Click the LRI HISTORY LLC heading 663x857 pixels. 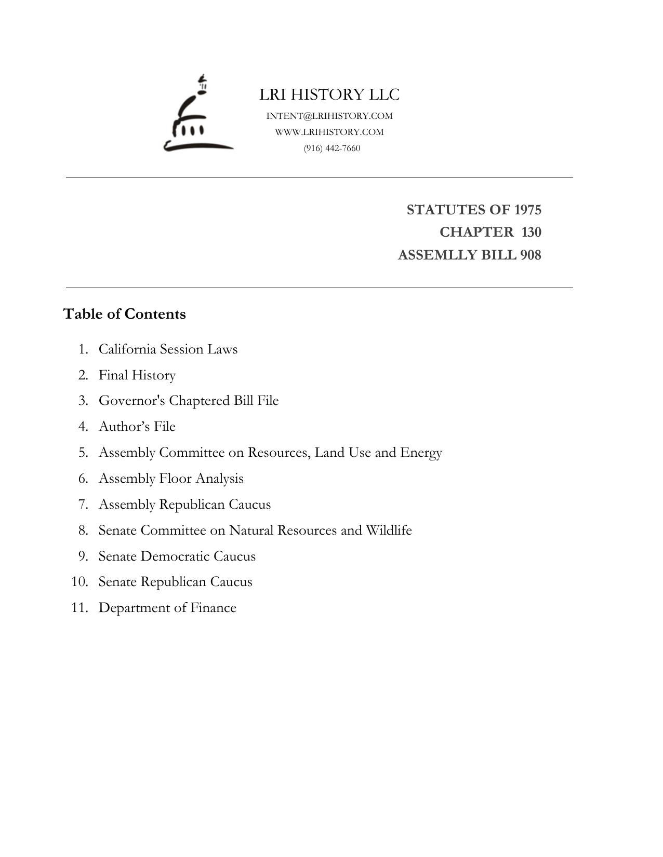pos(329,94)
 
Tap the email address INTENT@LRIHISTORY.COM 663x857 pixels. pos(329,116)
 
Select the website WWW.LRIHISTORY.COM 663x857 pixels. pos(329,132)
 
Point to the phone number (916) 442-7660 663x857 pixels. pos(332,148)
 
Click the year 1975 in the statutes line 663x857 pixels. pos(527,210)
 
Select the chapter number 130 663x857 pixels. pos(531,232)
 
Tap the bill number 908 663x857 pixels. pos(530,255)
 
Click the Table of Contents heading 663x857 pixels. pos(124,314)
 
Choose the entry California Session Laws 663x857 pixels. pos(168,349)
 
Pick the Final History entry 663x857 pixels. pos(137,375)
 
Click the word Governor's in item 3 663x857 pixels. pos(132,401)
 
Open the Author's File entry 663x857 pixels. pos(137,426)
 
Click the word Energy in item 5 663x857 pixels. pos(421,453)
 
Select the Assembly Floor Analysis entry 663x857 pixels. pos(171,478)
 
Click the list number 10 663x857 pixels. pos(79,581)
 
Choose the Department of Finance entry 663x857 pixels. pos(167,607)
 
